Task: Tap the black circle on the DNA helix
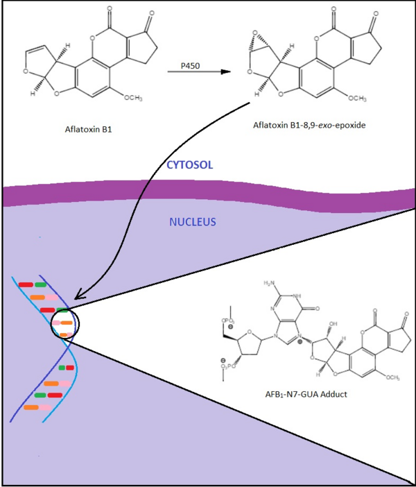click(64, 323)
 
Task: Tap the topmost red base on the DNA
click(26, 284)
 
